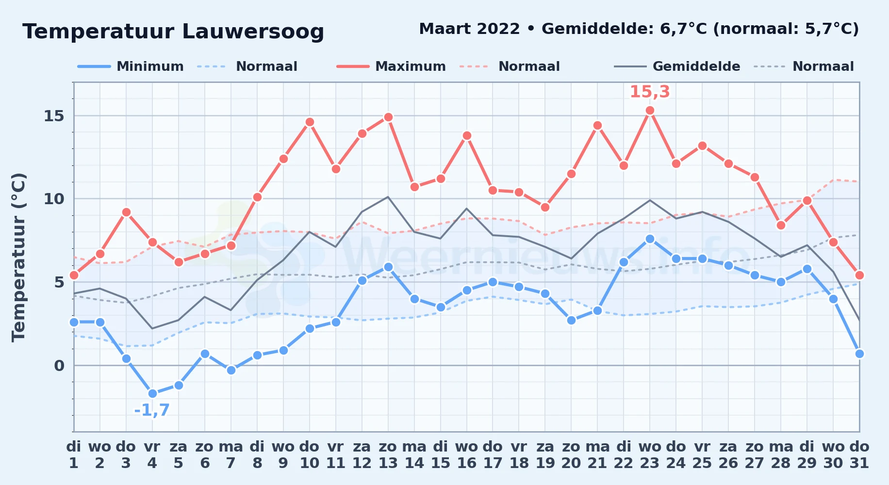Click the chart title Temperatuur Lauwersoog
(173, 32)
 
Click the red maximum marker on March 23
(650, 111)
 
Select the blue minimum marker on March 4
(152, 393)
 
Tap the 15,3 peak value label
(650, 91)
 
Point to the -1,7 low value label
(152, 410)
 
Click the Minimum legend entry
(131, 66)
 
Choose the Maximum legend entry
(391, 66)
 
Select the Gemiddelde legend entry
(677, 66)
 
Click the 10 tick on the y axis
(54, 199)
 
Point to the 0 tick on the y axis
(59, 365)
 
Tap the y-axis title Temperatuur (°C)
(18, 257)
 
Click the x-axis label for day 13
(388, 455)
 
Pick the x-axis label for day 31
(859, 455)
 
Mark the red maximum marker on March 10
(310, 122)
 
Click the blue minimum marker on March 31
(859, 354)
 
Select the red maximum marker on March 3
(126, 212)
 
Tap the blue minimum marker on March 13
(388, 267)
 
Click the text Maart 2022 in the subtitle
(469, 29)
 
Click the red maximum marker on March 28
(781, 225)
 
